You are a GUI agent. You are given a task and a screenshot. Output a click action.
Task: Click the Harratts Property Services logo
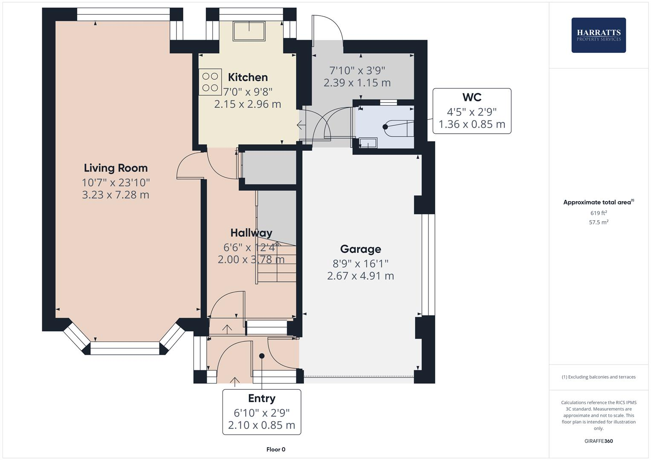pyautogui.click(x=598, y=35)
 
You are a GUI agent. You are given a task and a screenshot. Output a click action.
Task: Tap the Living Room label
pyautogui.click(x=116, y=168)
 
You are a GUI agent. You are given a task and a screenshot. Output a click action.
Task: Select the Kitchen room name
pyautogui.click(x=248, y=77)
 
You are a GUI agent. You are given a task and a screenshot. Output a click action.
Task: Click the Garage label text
pyautogui.click(x=360, y=249)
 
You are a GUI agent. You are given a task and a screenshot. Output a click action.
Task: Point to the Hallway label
pyautogui.click(x=251, y=233)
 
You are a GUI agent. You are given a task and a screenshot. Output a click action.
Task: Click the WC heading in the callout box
pyautogui.click(x=472, y=98)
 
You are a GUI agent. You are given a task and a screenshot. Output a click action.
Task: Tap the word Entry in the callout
pyautogui.click(x=261, y=399)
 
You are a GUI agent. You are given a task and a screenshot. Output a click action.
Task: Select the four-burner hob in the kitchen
pyautogui.click(x=210, y=82)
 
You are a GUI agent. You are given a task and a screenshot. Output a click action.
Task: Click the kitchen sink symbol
pyautogui.click(x=249, y=31)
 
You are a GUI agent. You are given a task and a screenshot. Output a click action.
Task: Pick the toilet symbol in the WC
pyautogui.click(x=399, y=127)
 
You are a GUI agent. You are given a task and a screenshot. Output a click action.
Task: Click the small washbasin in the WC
pyautogui.click(x=367, y=143)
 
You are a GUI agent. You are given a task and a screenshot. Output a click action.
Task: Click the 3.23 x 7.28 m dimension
pyautogui.click(x=116, y=195)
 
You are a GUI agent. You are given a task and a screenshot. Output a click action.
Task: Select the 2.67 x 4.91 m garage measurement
pyautogui.click(x=360, y=276)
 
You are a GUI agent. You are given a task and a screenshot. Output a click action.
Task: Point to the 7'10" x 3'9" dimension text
pyautogui.click(x=357, y=70)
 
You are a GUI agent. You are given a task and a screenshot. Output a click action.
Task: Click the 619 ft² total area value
pyautogui.click(x=598, y=213)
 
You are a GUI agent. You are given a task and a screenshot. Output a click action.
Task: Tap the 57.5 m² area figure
pyautogui.click(x=598, y=222)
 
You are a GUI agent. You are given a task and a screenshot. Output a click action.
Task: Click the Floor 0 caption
pyautogui.click(x=275, y=449)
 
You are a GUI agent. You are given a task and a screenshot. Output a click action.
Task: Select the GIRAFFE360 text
pyautogui.click(x=598, y=441)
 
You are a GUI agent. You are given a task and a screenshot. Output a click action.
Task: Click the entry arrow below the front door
pyautogui.click(x=235, y=381)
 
